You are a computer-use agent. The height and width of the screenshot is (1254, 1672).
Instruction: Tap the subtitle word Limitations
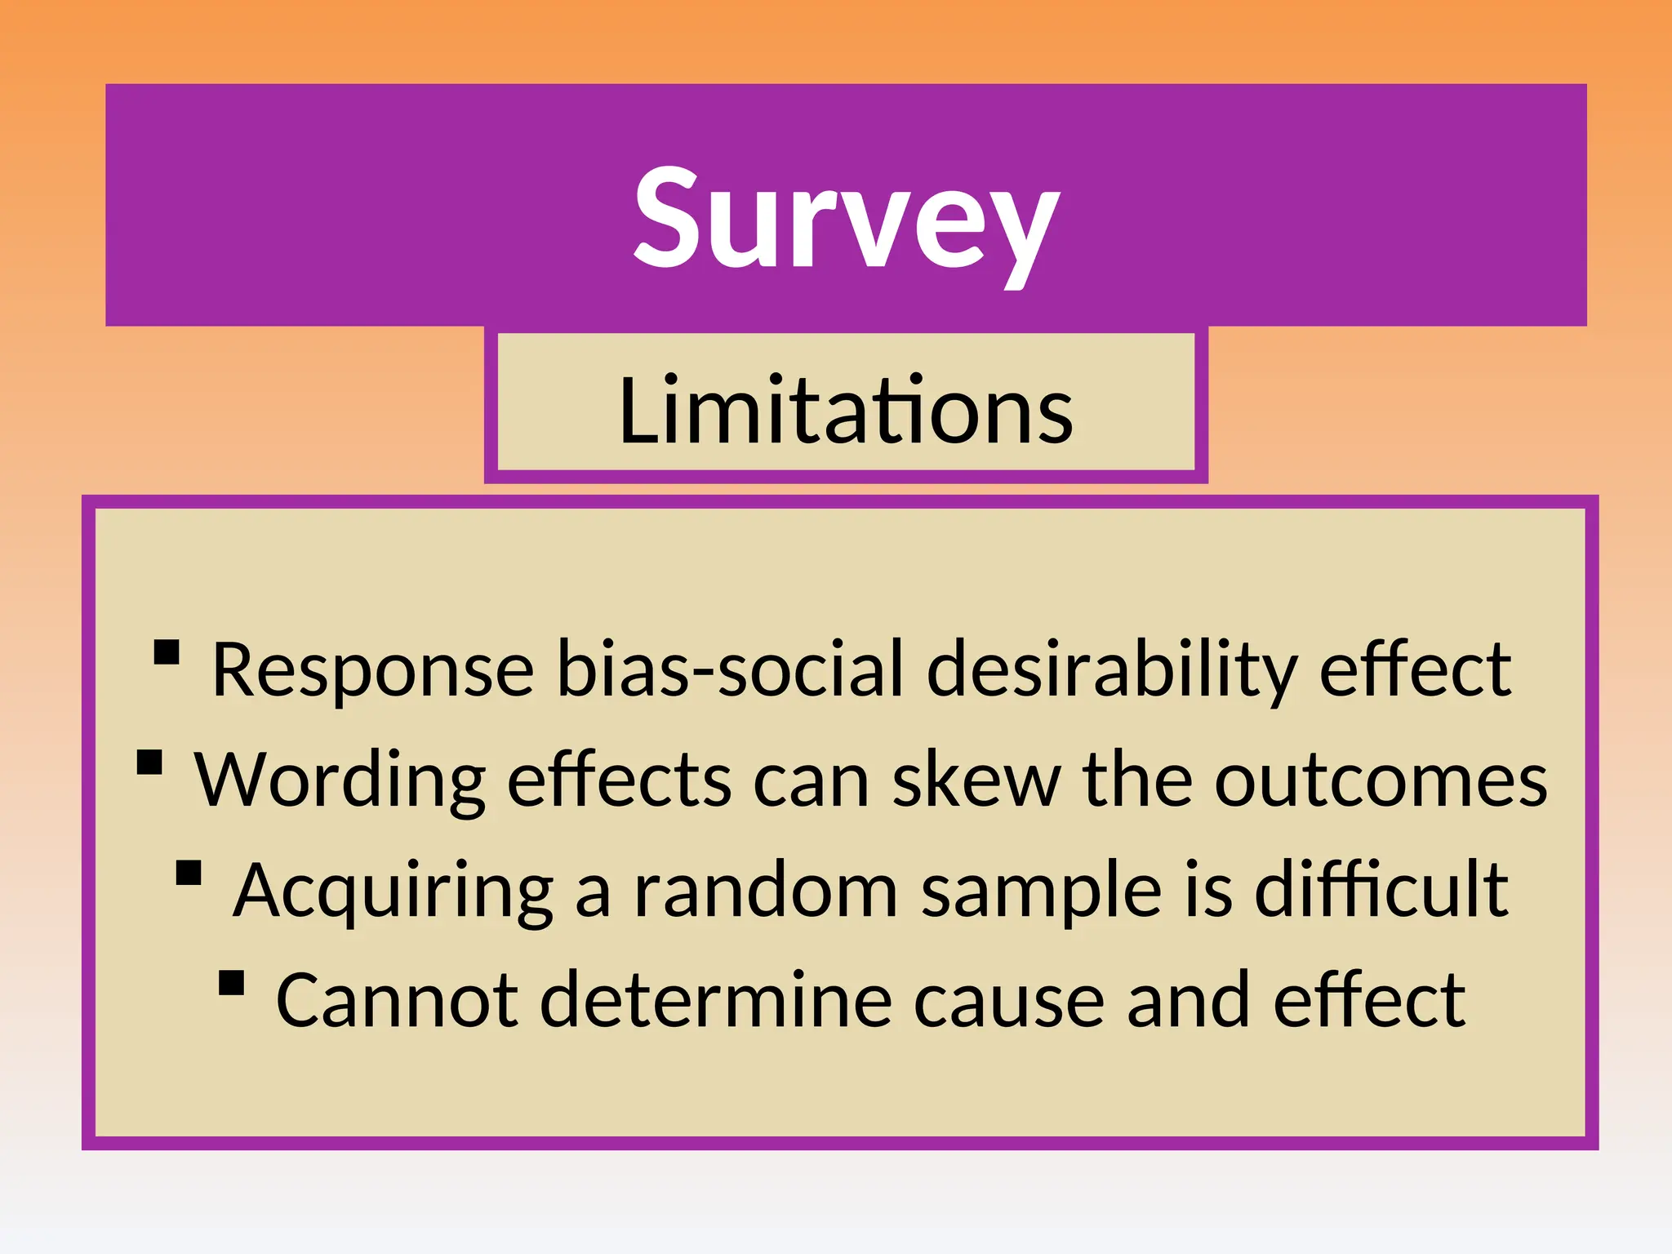[846, 411]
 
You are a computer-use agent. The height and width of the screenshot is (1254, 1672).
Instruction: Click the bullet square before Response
[167, 652]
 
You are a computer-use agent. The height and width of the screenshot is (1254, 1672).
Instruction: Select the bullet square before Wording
[149, 763]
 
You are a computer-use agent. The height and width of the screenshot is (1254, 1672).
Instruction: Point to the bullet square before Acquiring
[189, 873]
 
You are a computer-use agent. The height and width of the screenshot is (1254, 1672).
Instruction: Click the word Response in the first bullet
[372, 670]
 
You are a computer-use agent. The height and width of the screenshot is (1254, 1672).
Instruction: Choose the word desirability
[1111, 670]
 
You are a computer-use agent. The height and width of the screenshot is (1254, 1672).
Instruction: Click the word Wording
[340, 780]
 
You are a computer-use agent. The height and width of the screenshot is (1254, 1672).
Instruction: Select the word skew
[976, 780]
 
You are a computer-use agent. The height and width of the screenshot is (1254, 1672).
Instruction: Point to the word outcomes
[1381, 780]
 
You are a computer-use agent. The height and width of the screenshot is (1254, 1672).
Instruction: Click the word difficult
[1381, 890]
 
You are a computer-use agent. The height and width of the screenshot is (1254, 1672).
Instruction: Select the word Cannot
[397, 1001]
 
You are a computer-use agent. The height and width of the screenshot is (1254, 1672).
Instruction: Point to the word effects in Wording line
[620, 780]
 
